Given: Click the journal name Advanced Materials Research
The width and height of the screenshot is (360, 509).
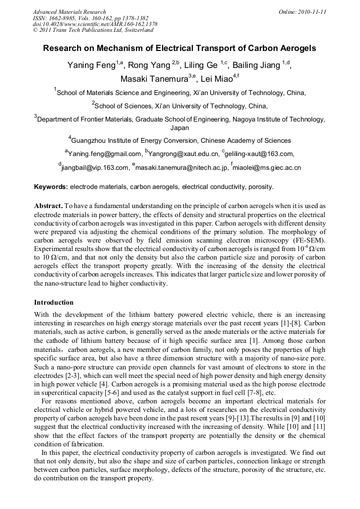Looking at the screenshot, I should [69, 11].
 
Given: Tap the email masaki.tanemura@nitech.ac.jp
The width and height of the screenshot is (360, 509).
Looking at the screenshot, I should [182, 168].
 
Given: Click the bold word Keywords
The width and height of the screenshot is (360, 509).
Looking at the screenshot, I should [50, 187].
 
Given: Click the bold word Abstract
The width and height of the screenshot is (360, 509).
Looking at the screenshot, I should [48, 205].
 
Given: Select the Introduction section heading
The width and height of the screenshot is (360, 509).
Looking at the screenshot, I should [54, 303].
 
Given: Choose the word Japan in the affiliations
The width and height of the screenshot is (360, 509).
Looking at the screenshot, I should [179, 128].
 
